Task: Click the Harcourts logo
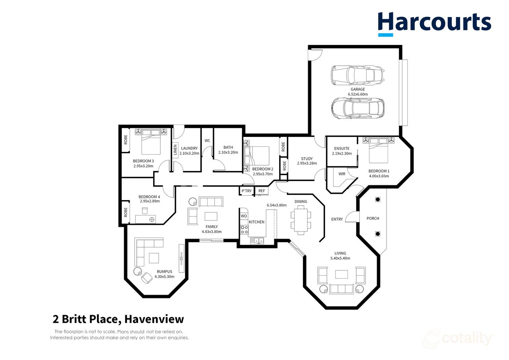pyautogui.click(x=434, y=23)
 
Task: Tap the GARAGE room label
pyautogui.click(x=357, y=90)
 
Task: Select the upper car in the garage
pyautogui.click(x=357, y=75)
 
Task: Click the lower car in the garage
pyautogui.click(x=357, y=108)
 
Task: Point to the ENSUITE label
pyautogui.click(x=342, y=148)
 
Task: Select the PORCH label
pyautogui.click(x=373, y=218)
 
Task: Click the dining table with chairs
pyautogui.click(x=301, y=220)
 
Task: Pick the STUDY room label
pyautogui.click(x=307, y=159)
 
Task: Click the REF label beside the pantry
pyautogui.click(x=262, y=191)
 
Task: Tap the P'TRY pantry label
pyautogui.click(x=247, y=191)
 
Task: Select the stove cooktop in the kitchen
pyautogui.click(x=244, y=229)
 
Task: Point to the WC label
pyautogui.click(x=207, y=141)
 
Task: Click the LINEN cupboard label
pyautogui.click(x=175, y=151)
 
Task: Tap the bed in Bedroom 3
pyautogui.click(x=151, y=144)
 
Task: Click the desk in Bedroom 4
pyautogui.click(x=146, y=219)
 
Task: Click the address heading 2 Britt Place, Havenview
pyautogui.click(x=119, y=319)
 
